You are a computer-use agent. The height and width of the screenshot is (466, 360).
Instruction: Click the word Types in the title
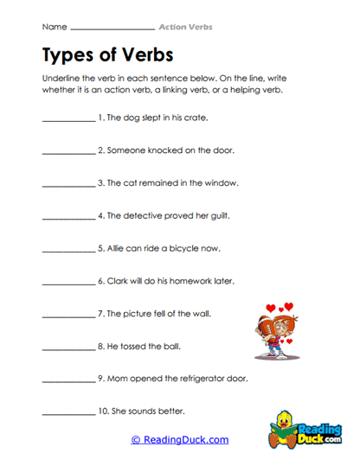click(70, 55)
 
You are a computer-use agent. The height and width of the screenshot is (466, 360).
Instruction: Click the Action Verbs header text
click(185, 27)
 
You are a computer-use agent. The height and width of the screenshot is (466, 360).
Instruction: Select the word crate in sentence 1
click(195, 117)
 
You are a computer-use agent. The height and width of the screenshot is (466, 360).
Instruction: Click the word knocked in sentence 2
click(155, 150)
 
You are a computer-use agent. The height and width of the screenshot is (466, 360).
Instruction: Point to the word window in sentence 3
click(221, 182)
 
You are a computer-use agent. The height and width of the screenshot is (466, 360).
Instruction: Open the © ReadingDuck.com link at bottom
click(179, 439)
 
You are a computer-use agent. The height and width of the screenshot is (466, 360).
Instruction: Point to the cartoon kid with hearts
click(278, 329)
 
